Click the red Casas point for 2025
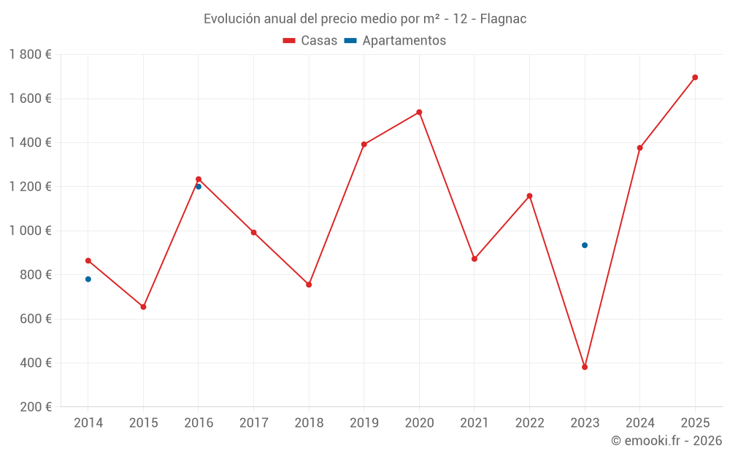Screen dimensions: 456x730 click(x=695, y=77)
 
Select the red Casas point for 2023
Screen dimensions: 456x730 click(x=585, y=367)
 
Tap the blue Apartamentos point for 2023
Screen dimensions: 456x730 click(x=585, y=245)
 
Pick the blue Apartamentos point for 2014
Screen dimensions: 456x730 click(x=88, y=279)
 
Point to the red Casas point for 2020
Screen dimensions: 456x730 click(x=419, y=112)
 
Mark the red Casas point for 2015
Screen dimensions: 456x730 click(x=143, y=307)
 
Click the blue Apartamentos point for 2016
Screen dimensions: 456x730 click(x=199, y=187)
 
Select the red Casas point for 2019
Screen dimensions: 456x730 click(x=364, y=144)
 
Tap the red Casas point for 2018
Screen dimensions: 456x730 click(x=309, y=285)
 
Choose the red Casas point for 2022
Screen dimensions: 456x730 click(x=529, y=196)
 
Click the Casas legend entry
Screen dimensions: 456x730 click(x=310, y=41)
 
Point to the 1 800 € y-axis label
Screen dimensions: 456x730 click(x=31, y=55)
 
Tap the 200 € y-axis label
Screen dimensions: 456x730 click(x=35, y=407)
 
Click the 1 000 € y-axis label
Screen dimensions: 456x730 click(x=31, y=231)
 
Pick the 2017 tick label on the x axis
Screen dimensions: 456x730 click(x=253, y=423)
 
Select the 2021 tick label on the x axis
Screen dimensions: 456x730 click(x=474, y=423)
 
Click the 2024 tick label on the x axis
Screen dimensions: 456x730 click(x=639, y=423)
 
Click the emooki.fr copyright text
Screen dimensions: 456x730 click(x=666, y=441)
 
